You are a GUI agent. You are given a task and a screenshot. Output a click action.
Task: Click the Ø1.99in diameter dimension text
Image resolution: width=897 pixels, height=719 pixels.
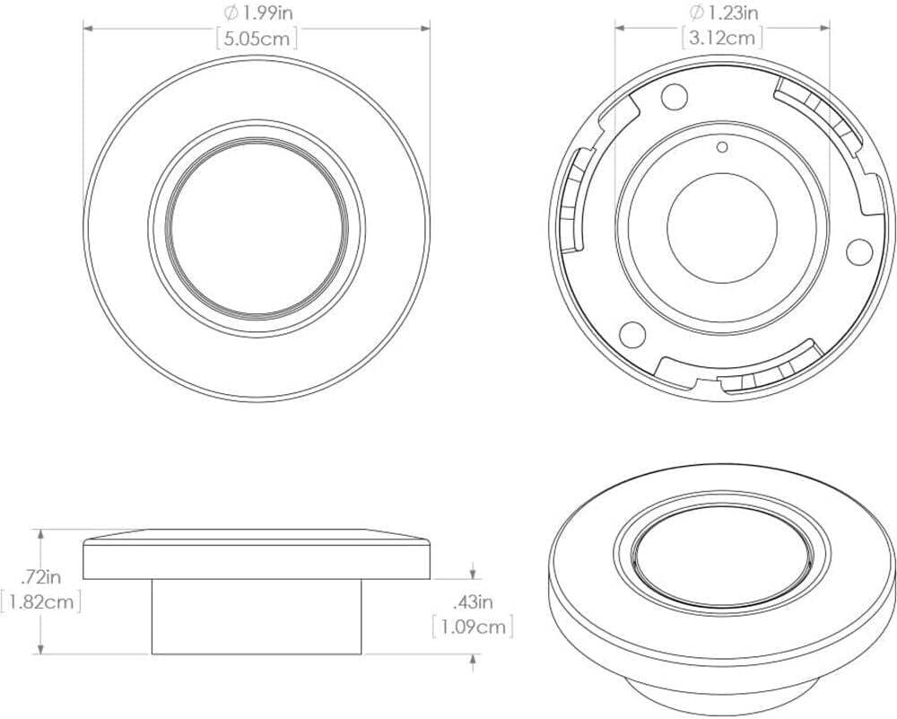(x=257, y=13)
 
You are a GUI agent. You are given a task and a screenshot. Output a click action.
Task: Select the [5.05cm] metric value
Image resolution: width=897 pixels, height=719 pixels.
(x=257, y=39)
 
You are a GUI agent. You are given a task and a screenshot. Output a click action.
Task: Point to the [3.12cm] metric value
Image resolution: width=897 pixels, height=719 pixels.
(x=724, y=39)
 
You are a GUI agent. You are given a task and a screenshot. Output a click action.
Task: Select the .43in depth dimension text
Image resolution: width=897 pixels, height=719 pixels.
(x=472, y=601)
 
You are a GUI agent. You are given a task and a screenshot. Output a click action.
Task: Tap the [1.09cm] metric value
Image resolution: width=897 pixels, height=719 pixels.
(x=473, y=626)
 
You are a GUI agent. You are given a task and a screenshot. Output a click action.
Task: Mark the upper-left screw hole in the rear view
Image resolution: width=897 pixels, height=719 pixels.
(x=675, y=94)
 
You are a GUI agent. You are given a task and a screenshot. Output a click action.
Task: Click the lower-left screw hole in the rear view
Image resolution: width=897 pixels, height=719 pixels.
(x=631, y=334)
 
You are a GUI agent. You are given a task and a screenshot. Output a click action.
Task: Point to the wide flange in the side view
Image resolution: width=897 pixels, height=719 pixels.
(x=257, y=559)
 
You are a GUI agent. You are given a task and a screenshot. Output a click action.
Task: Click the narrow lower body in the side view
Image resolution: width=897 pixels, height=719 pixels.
(x=257, y=617)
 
